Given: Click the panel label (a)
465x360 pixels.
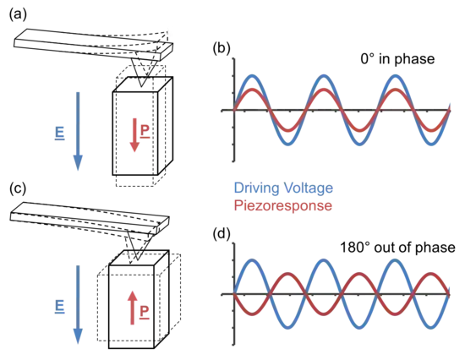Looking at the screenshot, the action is (x=18, y=14).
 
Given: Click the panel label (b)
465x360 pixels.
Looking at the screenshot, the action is (x=222, y=49).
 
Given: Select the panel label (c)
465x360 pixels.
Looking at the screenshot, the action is (x=18, y=188).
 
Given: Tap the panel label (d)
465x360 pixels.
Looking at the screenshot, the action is (x=222, y=234).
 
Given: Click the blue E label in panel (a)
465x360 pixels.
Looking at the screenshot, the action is (x=60, y=134).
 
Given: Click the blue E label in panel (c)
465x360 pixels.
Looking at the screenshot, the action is (x=60, y=307).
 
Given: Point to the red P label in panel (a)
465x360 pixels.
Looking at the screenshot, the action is (x=145, y=132).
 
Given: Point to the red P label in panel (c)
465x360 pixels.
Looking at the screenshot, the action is (x=144, y=312).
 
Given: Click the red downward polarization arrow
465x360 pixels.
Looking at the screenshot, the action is (x=134, y=135).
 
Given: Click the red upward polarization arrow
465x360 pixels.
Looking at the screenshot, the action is (x=132, y=308).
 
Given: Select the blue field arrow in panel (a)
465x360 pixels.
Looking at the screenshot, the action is (x=78, y=131).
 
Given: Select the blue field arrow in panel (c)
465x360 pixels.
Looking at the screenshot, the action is (x=78, y=304).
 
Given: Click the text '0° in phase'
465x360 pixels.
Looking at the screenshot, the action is (x=397, y=58).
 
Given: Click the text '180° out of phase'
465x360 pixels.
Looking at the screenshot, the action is (x=397, y=248).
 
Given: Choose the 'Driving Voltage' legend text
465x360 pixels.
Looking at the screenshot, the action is (x=283, y=188).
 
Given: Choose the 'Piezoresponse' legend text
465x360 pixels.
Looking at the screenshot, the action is (x=283, y=205).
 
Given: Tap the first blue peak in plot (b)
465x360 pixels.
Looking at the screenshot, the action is (x=252, y=75).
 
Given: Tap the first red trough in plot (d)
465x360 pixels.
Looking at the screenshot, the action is (x=252, y=314).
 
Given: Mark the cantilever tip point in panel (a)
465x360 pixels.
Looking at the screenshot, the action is (x=141, y=87).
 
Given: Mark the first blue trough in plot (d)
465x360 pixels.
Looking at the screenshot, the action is (x=287, y=328).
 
